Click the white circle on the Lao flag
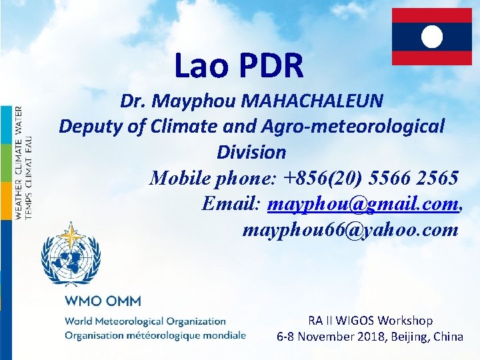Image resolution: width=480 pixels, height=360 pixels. point(432,36)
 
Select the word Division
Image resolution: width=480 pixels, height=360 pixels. point(251,152)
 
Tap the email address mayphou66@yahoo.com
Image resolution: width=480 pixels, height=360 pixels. point(351,230)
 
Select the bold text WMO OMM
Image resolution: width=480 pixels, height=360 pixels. point(103,301)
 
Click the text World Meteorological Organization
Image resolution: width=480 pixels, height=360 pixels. point(145,321)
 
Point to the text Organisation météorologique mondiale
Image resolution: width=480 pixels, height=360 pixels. point(155,335)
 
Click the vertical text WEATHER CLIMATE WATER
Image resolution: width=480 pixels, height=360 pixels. point(19,163)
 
